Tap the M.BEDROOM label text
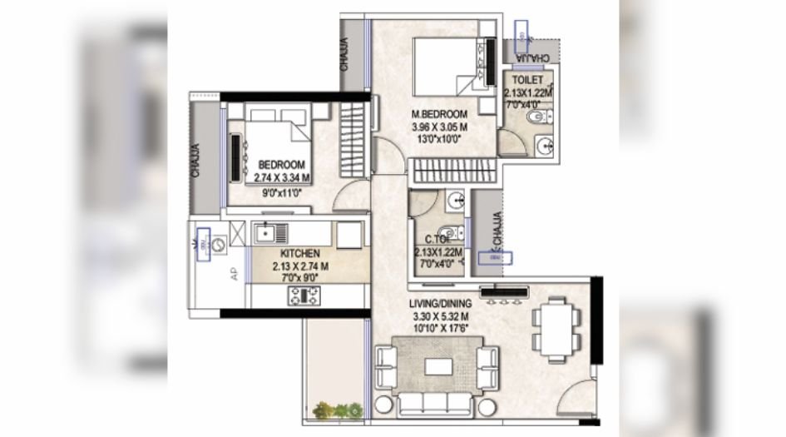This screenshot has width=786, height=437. tap(440, 114)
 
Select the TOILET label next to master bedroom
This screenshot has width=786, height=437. tap(526, 80)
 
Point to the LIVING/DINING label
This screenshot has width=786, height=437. tap(441, 303)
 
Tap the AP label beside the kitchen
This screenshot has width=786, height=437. tap(234, 272)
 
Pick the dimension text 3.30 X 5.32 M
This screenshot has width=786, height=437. tap(441, 316)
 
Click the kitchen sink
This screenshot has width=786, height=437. tap(269, 232)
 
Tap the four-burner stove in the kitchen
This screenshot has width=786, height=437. tap(304, 294)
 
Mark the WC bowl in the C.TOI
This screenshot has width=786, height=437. tap(447, 232)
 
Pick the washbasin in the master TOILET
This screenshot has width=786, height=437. tap(546, 146)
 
